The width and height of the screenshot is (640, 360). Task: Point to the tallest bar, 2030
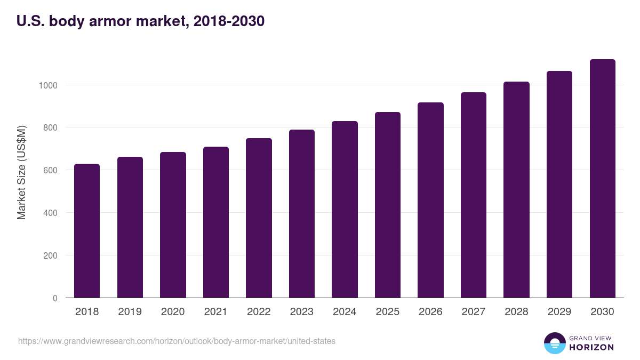602,179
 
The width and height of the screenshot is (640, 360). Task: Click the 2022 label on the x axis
259,312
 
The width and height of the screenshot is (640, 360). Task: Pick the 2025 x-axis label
387,312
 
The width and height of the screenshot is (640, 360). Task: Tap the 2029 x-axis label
559,312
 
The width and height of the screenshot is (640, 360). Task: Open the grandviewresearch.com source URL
177,341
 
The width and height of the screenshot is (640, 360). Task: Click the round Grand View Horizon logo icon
555,343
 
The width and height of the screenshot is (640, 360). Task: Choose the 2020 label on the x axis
173,312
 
